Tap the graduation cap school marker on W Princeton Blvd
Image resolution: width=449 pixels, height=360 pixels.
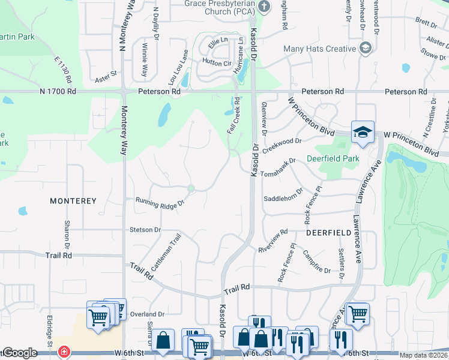363,133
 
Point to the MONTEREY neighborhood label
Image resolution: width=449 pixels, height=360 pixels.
73,201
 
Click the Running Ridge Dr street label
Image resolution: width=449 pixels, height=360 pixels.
159,203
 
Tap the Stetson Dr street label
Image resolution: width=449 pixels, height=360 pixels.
145,230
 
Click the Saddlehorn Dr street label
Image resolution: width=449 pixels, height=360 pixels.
283,198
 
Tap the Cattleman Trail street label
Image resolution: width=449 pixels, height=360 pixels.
166,255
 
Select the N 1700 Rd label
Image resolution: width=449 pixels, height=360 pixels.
58,92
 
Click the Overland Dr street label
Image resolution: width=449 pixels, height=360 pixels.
147,314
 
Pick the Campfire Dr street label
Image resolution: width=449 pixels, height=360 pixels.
316,262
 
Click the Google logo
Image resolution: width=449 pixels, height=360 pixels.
19,353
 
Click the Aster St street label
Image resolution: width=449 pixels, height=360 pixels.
106,79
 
